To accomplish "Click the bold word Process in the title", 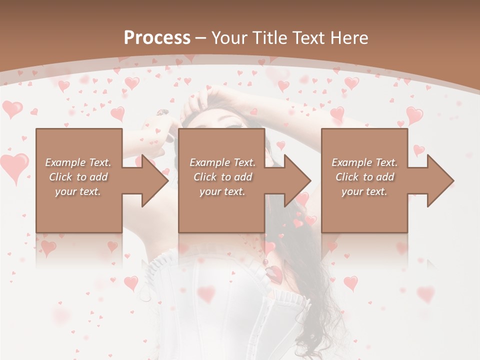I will (x=157, y=37).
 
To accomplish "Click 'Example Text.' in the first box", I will (x=78, y=162).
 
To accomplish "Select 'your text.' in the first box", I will (x=78, y=191).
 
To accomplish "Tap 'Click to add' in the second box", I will (x=222, y=177).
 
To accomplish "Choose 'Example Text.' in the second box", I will (x=222, y=162).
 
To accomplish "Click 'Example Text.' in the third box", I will (x=364, y=162).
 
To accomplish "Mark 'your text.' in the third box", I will (x=364, y=191).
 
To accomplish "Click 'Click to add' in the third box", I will (x=365, y=177).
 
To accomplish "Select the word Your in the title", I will (x=229, y=37).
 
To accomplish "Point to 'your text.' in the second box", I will (x=222, y=191).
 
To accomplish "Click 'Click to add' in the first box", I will (x=78, y=177).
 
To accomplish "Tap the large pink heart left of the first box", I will (x=14, y=166).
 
